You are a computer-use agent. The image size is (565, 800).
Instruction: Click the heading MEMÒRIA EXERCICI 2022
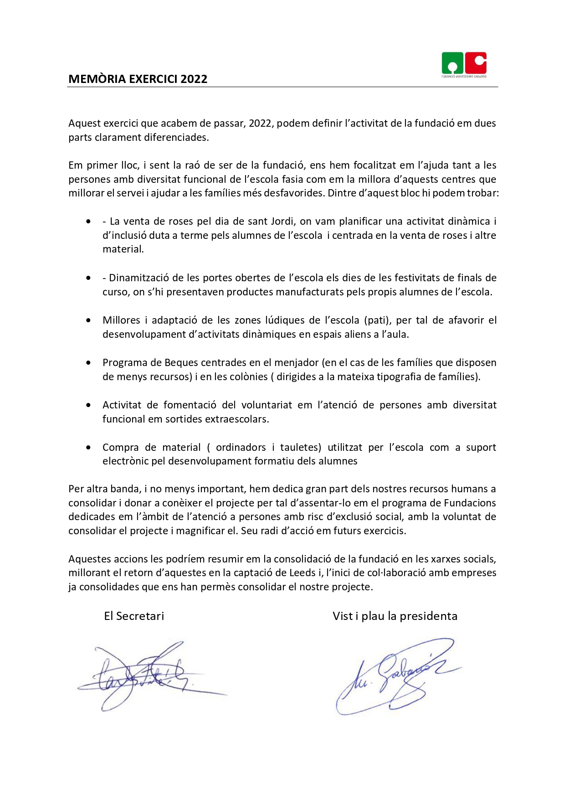pyautogui.click(x=138, y=79)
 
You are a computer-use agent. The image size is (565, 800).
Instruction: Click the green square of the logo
pyautogui.click(x=452, y=63)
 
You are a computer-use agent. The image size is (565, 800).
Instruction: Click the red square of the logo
pyautogui.click(x=476, y=63)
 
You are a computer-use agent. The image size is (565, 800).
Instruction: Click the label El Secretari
pyautogui.click(x=134, y=616)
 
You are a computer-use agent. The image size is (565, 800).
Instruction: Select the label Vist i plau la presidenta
pyautogui.click(x=395, y=616)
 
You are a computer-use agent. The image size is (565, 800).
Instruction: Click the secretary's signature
pyautogui.click(x=146, y=675)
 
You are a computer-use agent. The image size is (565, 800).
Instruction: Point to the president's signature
pyautogui.click(x=396, y=675)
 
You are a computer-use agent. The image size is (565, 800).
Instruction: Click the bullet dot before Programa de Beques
pyautogui.click(x=88, y=363)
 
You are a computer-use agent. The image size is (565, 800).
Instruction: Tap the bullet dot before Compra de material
pyautogui.click(x=88, y=448)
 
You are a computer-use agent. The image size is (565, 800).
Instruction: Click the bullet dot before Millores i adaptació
pyautogui.click(x=88, y=320)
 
